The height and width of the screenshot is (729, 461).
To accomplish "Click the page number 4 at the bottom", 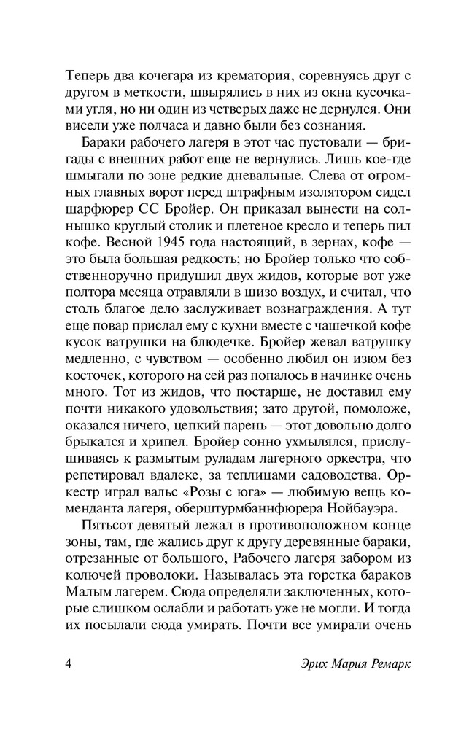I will click(x=69, y=665).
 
